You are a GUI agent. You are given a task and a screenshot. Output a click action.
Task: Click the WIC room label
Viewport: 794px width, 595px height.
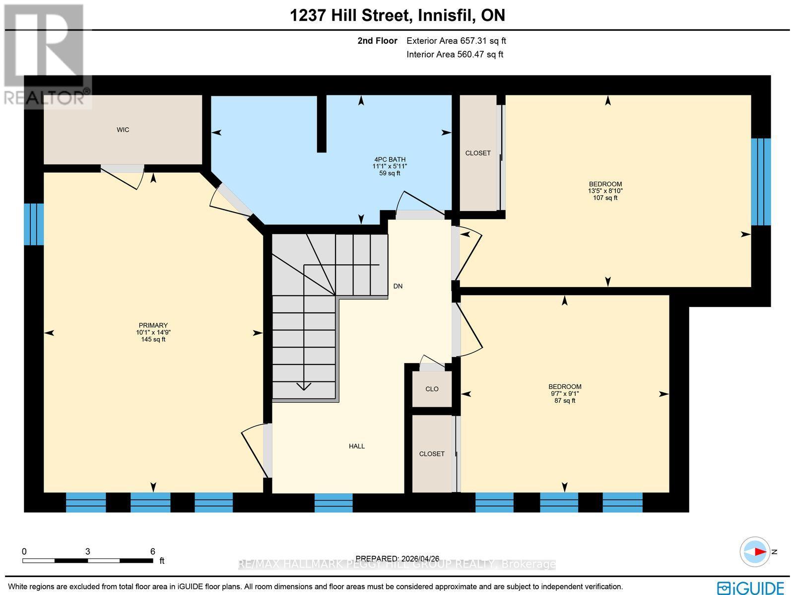tap(123, 130)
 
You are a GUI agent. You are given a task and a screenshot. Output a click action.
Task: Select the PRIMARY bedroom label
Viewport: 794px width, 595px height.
tap(153, 326)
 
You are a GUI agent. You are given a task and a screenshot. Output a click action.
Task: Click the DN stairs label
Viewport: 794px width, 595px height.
tap(397, 286)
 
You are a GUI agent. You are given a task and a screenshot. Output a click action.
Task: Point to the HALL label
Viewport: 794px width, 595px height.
tap(356, 446)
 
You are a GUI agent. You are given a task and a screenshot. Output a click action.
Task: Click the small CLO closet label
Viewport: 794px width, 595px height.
tap(432, 389)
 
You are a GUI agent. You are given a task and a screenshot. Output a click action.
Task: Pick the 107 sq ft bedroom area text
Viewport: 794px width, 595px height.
tap(605, 198)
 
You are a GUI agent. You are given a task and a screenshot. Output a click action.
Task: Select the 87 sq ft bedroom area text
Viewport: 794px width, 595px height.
tap(565, 400)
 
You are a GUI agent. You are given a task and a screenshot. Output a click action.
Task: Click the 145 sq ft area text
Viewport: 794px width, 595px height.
tap(153, 340)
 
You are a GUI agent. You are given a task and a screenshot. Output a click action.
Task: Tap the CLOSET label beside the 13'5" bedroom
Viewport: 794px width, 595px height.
tap(478, 153)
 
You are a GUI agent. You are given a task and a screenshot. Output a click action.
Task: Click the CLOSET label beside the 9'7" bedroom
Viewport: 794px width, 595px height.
tap(432, 454)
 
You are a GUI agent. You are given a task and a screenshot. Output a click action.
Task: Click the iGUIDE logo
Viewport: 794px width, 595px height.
tap(750, 588)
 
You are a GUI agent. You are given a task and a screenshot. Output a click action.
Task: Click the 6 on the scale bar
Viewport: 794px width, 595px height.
tap(153, 551)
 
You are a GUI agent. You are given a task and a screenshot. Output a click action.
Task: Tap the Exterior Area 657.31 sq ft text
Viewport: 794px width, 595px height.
tap(456, 41)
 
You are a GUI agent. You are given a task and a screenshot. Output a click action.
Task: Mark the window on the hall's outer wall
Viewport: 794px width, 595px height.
tap(333, 502)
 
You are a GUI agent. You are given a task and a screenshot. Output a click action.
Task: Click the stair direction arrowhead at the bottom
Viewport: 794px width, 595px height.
tap(304, 386)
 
